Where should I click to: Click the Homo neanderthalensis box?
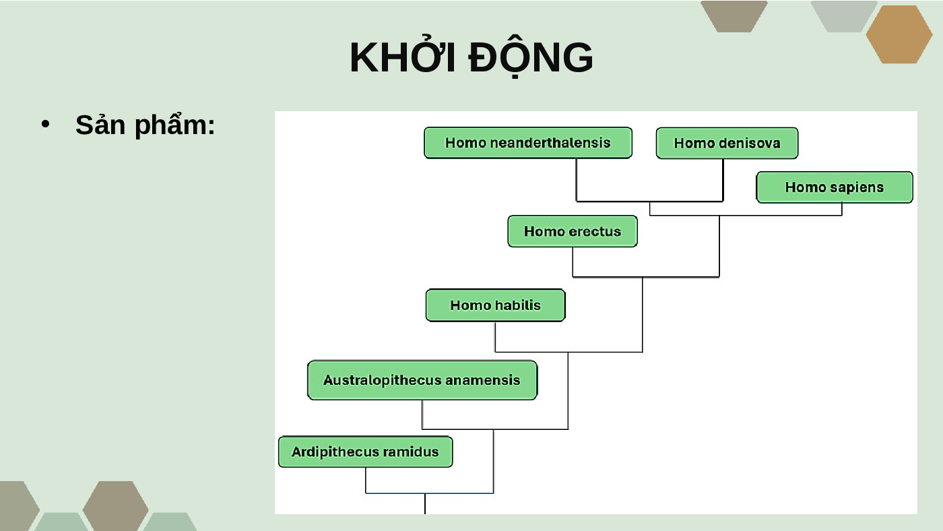click(528, 143)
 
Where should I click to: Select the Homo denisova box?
click(727, 143)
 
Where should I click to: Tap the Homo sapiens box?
click(835, 187)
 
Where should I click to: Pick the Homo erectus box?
click(573, 231)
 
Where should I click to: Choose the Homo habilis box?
click(496, 305)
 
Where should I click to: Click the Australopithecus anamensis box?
click(422, 380)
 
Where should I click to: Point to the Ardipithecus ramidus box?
click(365, 452)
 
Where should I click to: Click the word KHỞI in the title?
click(403, 57)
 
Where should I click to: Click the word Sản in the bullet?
click(100, 125)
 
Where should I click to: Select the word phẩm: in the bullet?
click(175, 125)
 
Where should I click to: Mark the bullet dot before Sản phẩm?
click(46, 124)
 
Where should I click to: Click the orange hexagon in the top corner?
click(899, 34)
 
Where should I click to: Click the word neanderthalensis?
click(550, 143)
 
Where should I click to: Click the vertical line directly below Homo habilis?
click(495, 337)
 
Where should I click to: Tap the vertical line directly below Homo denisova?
click(723, 180)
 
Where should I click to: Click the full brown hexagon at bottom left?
click(115, 506)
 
